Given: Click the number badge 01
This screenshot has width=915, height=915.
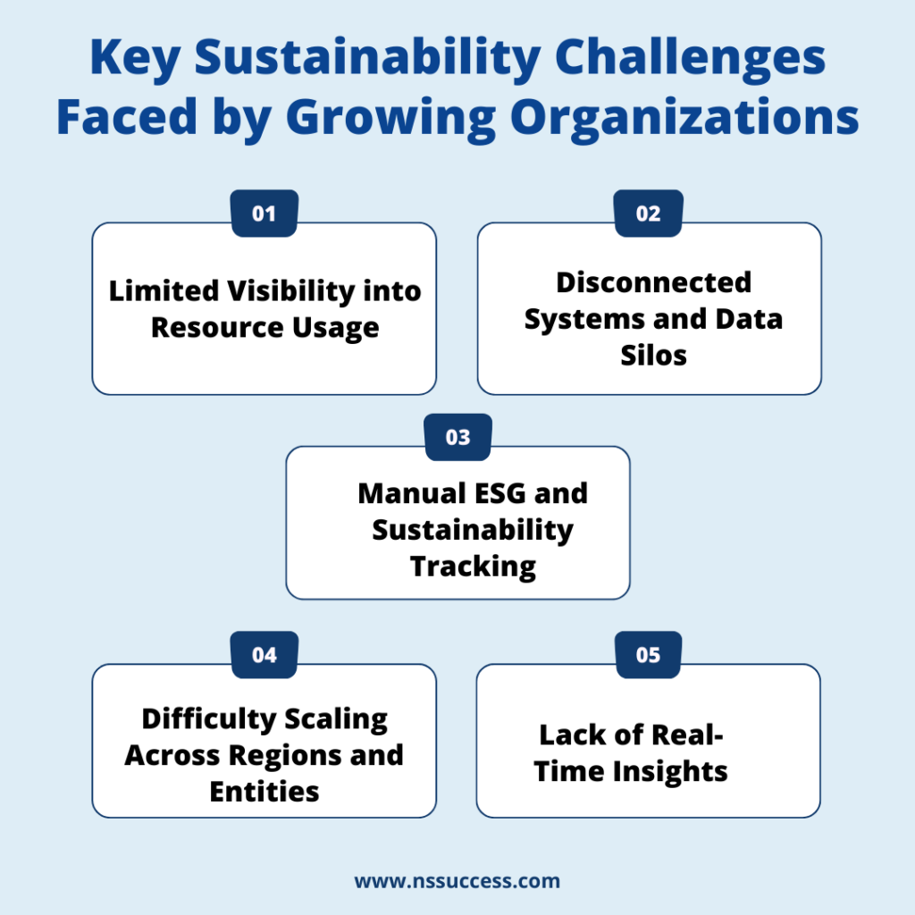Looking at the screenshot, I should coord(264,214).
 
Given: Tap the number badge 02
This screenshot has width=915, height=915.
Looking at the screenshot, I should coord(649,214).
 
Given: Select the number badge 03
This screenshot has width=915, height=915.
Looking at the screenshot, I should coord(457,438).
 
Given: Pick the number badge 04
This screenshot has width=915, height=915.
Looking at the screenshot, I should coord(264,655).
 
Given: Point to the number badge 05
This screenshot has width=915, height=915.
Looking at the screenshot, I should coord(649,655).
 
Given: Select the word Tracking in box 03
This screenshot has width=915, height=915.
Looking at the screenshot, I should coord(473,566).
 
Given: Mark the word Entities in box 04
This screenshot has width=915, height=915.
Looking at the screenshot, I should coord(264,791).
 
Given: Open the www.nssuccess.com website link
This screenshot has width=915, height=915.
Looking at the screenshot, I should coord(457,881).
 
